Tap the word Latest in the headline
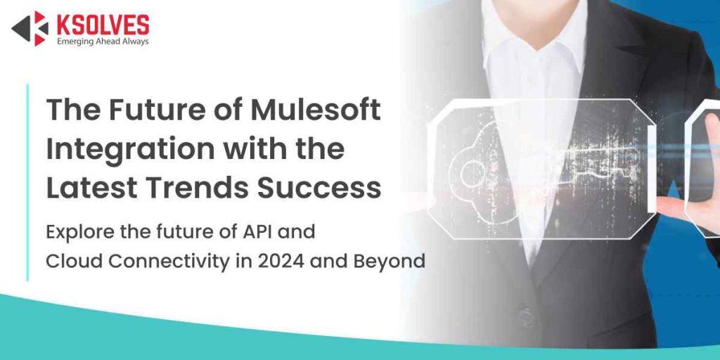(x=91, y=188)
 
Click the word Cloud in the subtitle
(x=70, y=262)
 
